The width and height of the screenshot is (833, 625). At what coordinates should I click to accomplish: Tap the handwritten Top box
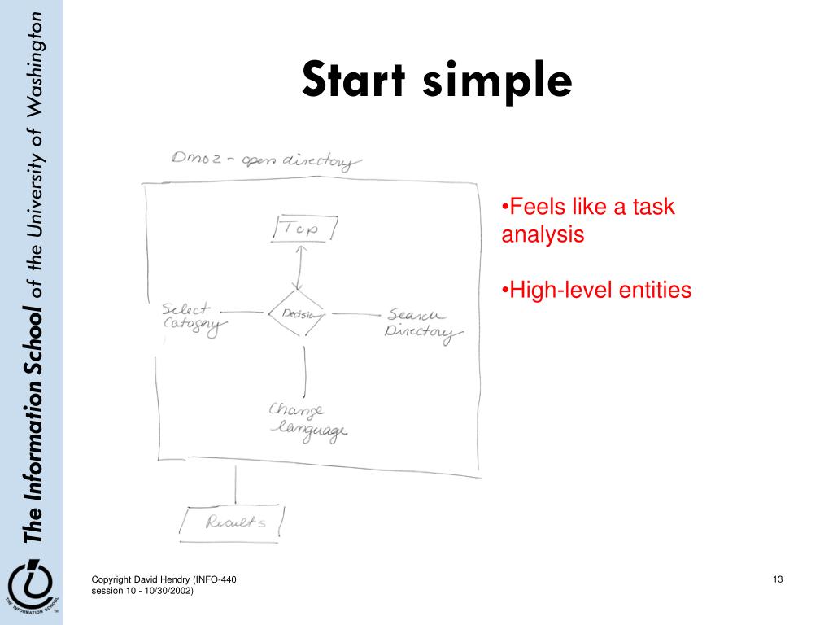tap(304, 229)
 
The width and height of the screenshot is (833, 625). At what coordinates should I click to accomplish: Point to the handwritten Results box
tap(234, 522)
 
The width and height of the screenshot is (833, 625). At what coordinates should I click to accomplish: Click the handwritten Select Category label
tap(193, 318)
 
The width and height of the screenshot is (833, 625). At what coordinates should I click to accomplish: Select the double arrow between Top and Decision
tap(299, 266)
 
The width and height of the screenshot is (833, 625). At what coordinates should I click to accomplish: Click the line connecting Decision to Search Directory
tap(352, 314)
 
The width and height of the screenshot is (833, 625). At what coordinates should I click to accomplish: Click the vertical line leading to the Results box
tap(236, 486)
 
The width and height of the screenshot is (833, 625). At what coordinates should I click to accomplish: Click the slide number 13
tap(778, 579)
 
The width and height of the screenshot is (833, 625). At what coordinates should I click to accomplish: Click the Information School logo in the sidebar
tap(30, 583)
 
